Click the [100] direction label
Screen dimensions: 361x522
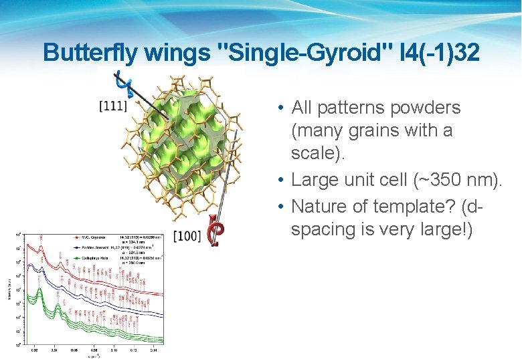(x=187, y=235)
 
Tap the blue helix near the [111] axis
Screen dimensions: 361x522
(x=122, y=84)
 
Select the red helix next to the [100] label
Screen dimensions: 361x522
(x=216, y=231)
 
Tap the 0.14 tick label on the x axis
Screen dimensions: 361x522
(x=153, y=349)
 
